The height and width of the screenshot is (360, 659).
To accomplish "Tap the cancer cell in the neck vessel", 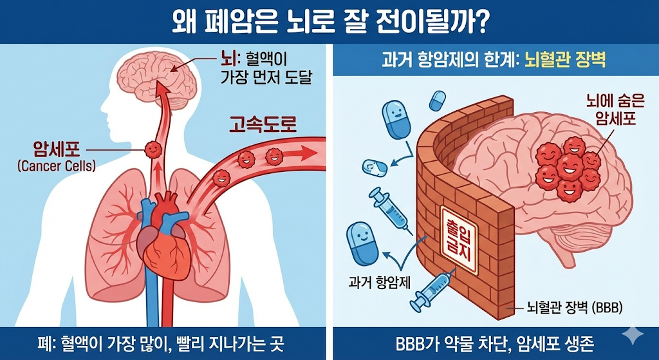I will pyautogui.click(x=153, y=149).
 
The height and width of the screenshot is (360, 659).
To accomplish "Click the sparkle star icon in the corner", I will pyautogui.click(x=635, y=334).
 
